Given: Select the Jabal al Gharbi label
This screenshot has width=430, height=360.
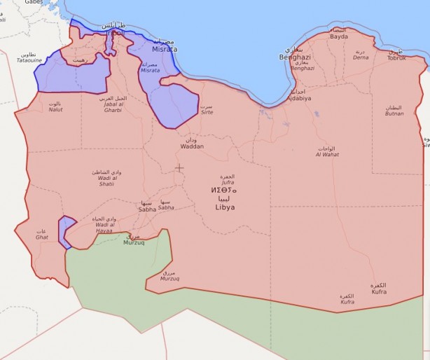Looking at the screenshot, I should (113, 105).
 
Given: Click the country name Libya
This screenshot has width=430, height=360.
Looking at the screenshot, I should (225, 207).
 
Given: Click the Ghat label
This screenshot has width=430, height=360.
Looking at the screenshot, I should (41, 235).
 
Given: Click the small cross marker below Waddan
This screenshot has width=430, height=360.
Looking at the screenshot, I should (179, 168).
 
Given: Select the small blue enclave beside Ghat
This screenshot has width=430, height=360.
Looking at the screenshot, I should (67, 231).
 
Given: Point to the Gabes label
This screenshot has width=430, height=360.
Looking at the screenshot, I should (34, 2).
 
